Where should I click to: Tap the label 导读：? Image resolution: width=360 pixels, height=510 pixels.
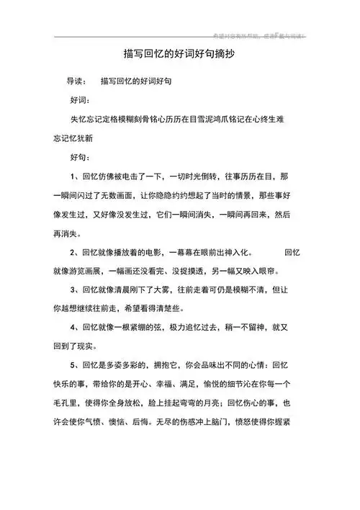77,81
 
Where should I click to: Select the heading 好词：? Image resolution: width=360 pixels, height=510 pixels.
79,100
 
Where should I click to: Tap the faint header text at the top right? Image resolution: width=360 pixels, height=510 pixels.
259,35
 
